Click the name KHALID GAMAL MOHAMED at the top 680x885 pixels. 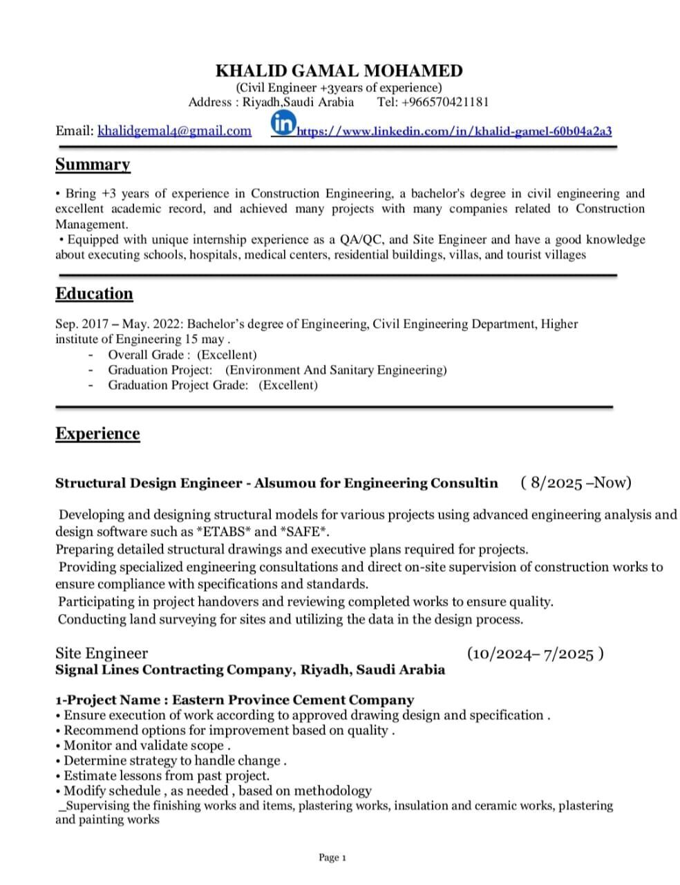[x=339, y=71]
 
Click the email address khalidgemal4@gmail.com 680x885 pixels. [x=174, y=131]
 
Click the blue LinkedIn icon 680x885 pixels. [x=283, y=124]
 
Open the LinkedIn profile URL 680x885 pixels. [x=454, y=131]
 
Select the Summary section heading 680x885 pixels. [x=93, y=165]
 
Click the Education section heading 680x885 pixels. [x=94, y=294]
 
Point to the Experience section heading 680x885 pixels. [x=97, y=434]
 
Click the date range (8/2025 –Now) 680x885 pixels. [x=576, y=483]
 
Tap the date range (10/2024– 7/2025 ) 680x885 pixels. [x=536, y=653]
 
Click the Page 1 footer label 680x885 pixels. [x=332, y=857]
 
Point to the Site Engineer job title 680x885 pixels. [x=102, y=653]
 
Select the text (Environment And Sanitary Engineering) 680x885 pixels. [x=336, y=370]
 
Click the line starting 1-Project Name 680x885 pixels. [x=235, y=700]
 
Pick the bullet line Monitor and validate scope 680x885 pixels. [x=146, y=745]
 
